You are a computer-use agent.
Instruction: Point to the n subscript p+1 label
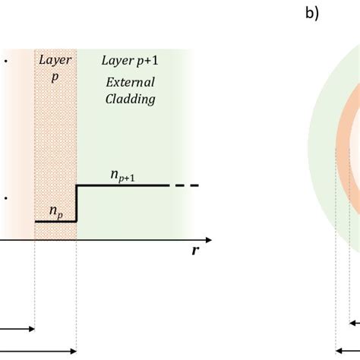point(122,175)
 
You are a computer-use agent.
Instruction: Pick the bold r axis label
point(195,251)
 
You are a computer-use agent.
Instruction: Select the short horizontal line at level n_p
point(55,221)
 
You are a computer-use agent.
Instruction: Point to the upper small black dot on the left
point(5,58)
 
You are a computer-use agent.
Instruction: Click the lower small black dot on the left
point(5,198)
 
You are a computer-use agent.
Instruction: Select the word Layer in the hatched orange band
point(55,58)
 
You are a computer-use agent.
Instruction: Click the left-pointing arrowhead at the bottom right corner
point(339,351)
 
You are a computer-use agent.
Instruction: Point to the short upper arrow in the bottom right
point(355,322)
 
